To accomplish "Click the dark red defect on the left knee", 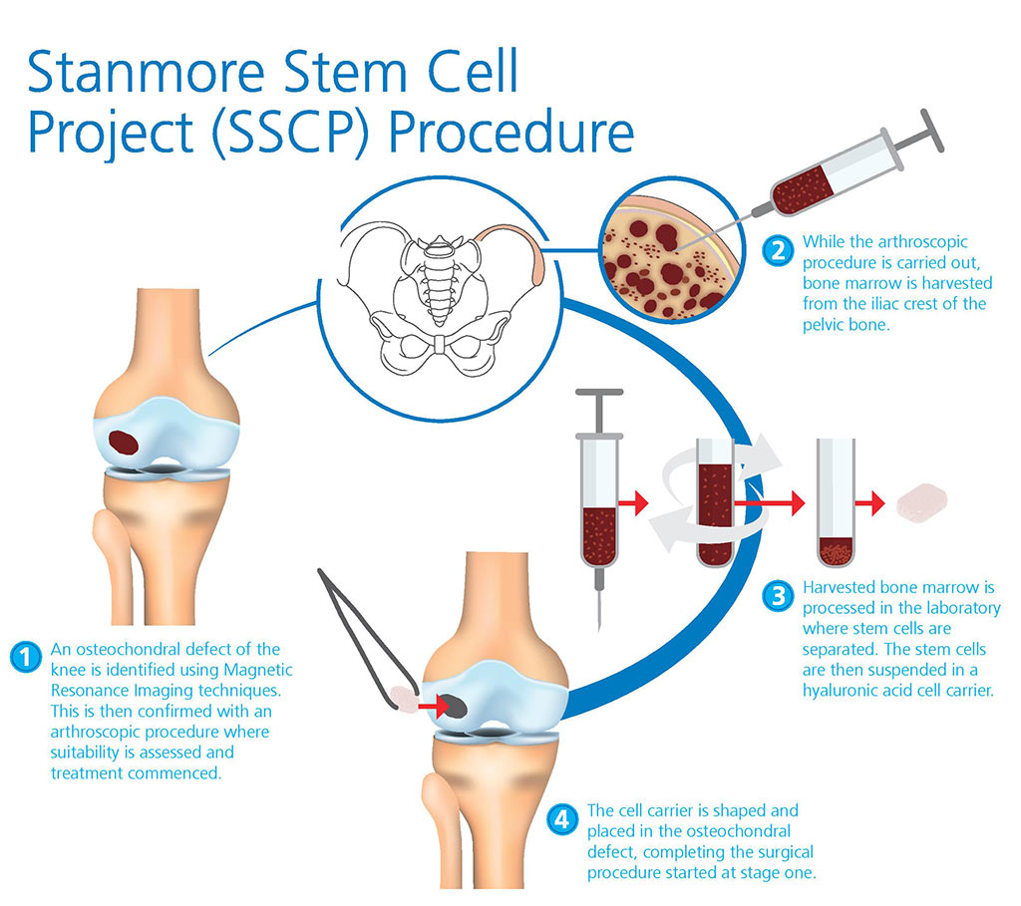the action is [x=125, y=443].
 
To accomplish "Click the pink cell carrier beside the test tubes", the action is [x=920, y=502].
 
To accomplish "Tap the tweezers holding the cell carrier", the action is [x=364, y=638].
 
